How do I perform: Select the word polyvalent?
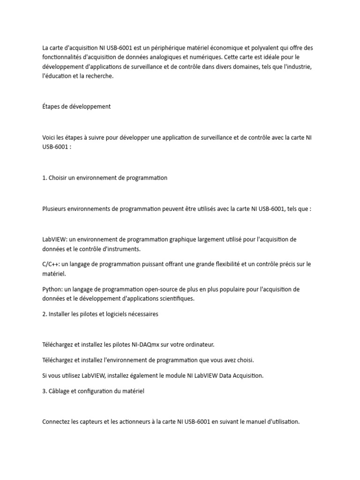point(268,48)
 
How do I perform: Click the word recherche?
point(99,76)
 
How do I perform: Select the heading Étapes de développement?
point(76,106)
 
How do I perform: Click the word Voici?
point(49,137)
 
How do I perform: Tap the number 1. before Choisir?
point(45,178)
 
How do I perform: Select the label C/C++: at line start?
point(51,264)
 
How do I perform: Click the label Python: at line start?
point(52,289)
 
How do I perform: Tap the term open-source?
point(163,289)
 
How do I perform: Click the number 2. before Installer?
point(45,314)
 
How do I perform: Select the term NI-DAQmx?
point(145,345)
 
